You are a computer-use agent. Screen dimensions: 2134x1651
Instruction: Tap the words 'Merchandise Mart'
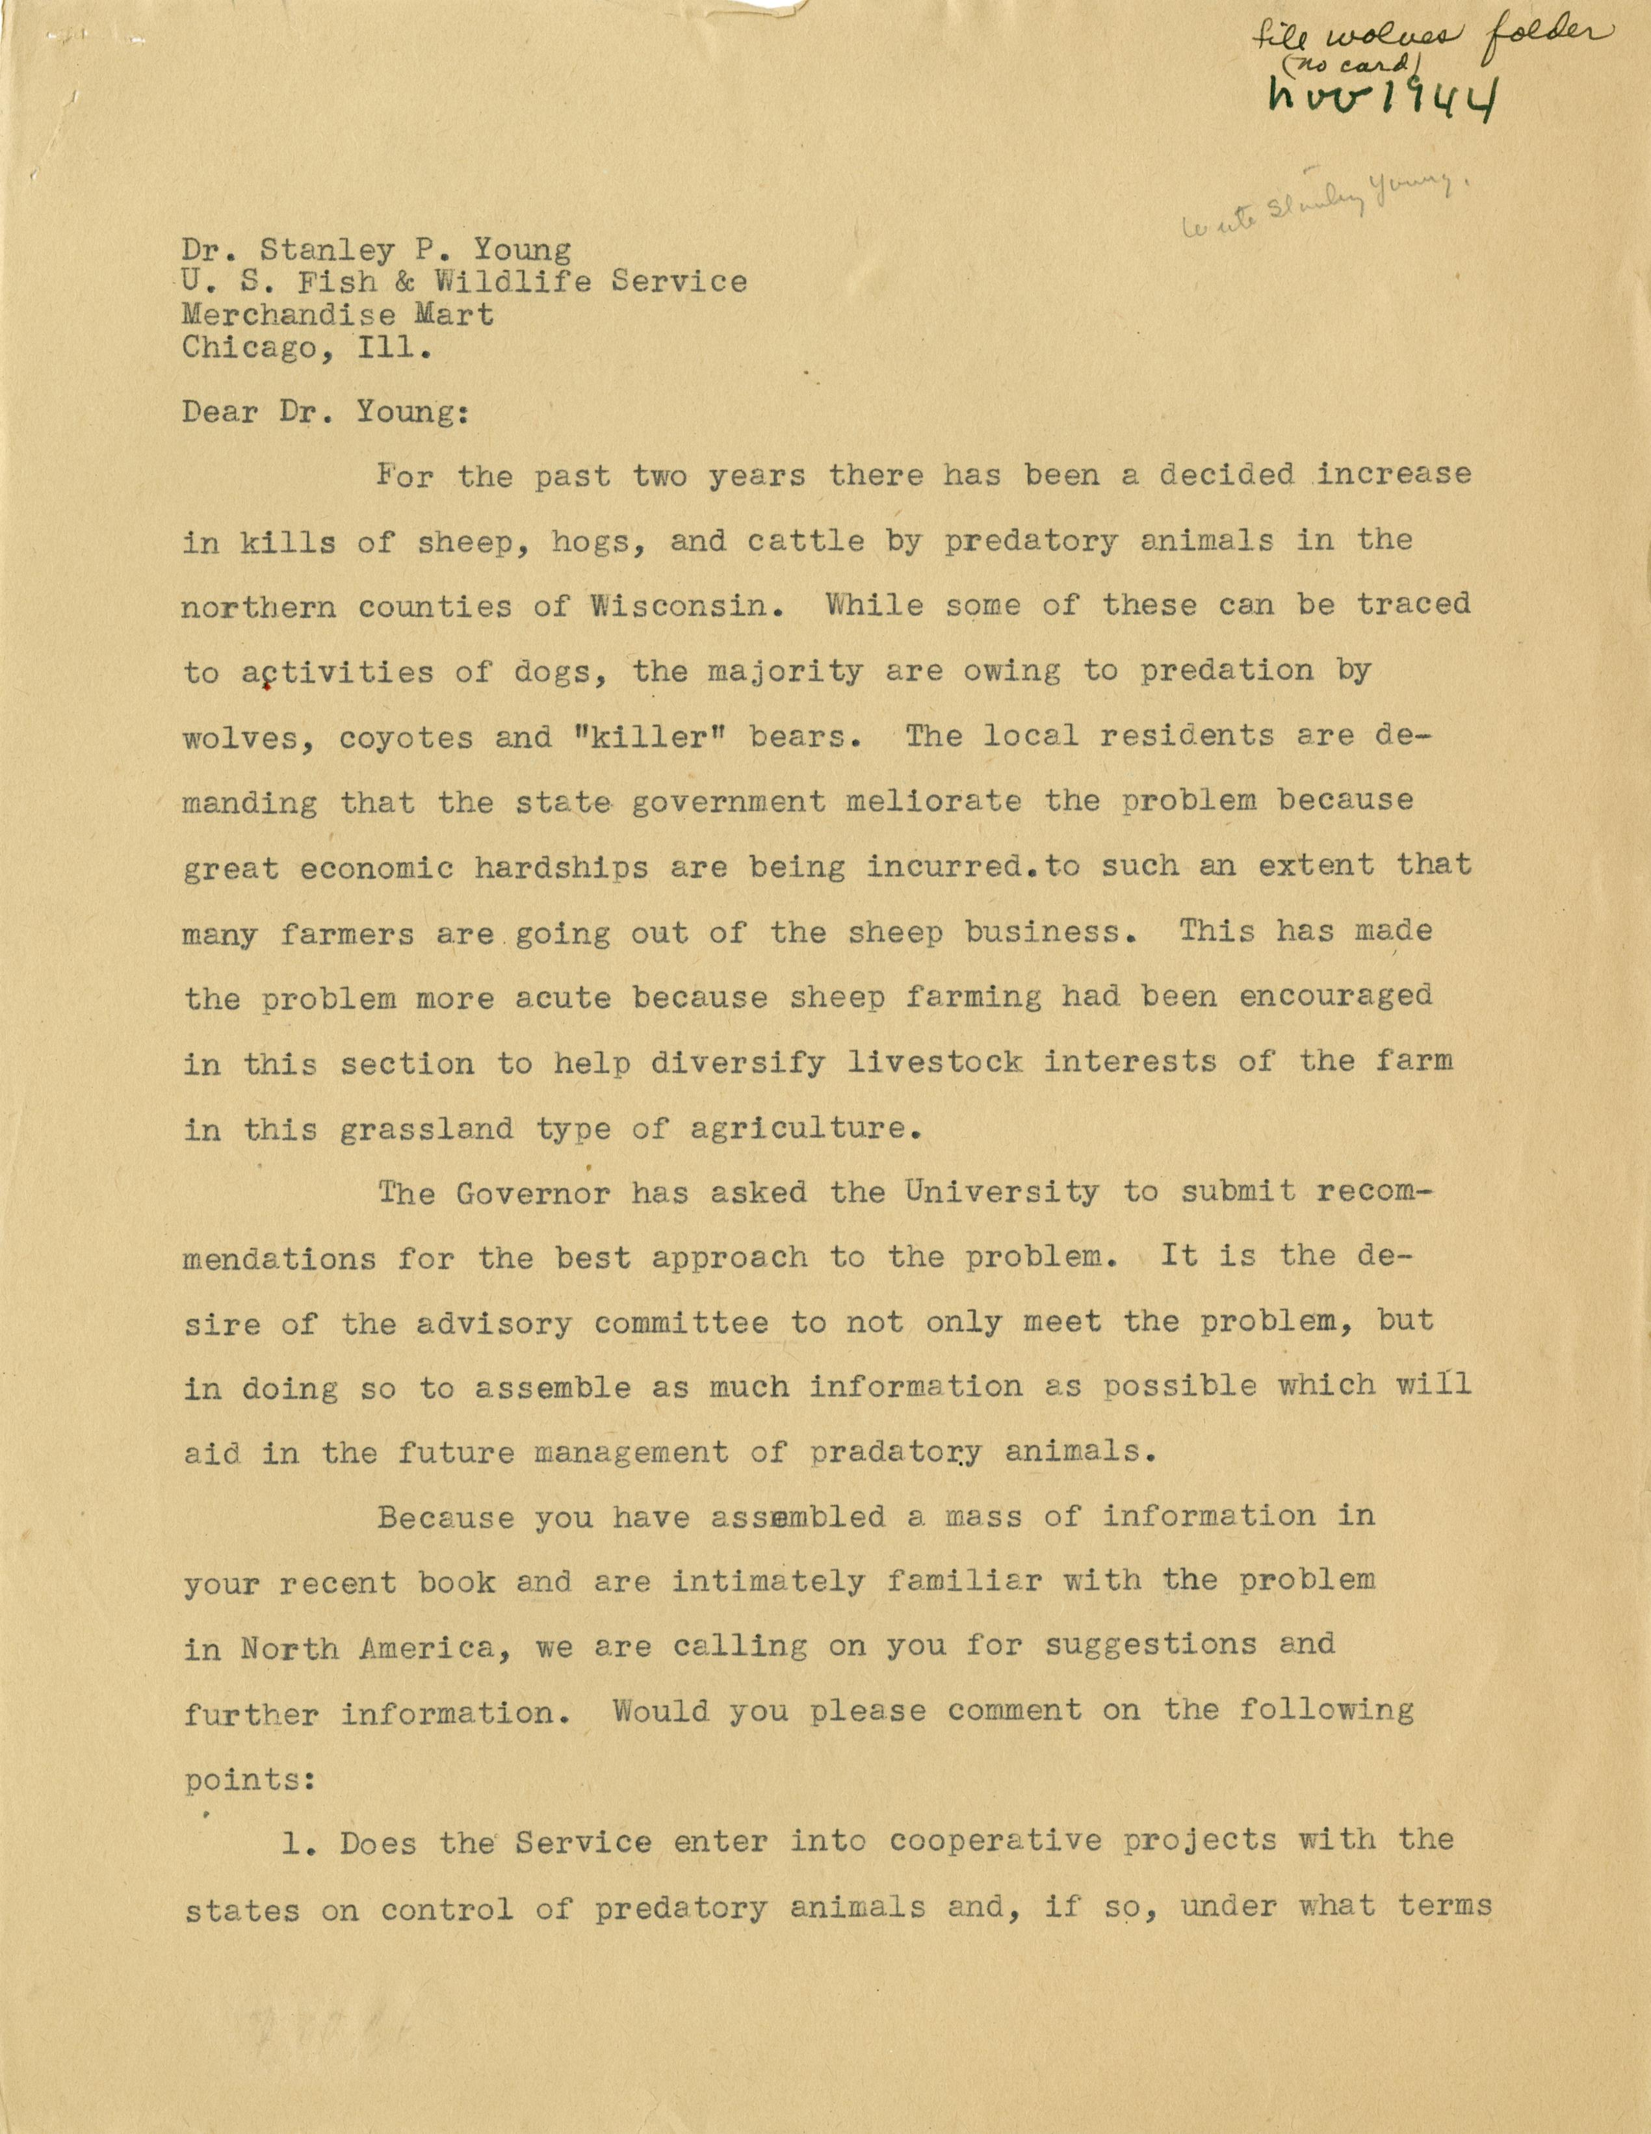coord(338,314)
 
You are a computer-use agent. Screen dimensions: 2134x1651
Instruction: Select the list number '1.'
coord(293,1844)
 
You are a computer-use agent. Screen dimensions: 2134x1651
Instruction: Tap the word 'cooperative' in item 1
coord(989,1843)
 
